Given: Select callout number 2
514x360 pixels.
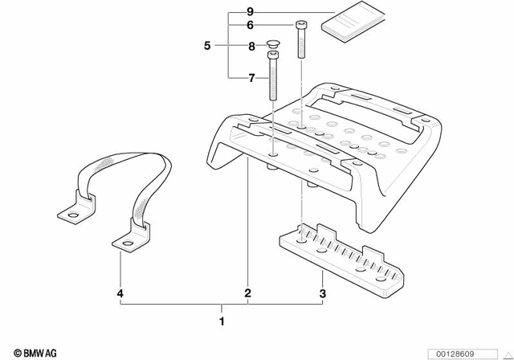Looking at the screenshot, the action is click(x=248, y=293).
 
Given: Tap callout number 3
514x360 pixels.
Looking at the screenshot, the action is click(x=323, y=293).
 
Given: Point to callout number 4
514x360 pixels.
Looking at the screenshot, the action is click(x=120, y=293).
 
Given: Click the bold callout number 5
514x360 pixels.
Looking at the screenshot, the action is click(x=206, y=46).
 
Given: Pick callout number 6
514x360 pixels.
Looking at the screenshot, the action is click(x=251, y=26).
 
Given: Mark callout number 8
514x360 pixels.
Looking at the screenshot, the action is click(x=251, y=47).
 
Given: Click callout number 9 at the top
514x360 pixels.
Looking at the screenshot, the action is click(x=251, y=12).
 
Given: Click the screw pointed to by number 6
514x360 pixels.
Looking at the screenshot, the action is click(x=301, y=40).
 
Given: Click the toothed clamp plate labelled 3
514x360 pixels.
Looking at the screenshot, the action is click(x=341, y=257).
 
